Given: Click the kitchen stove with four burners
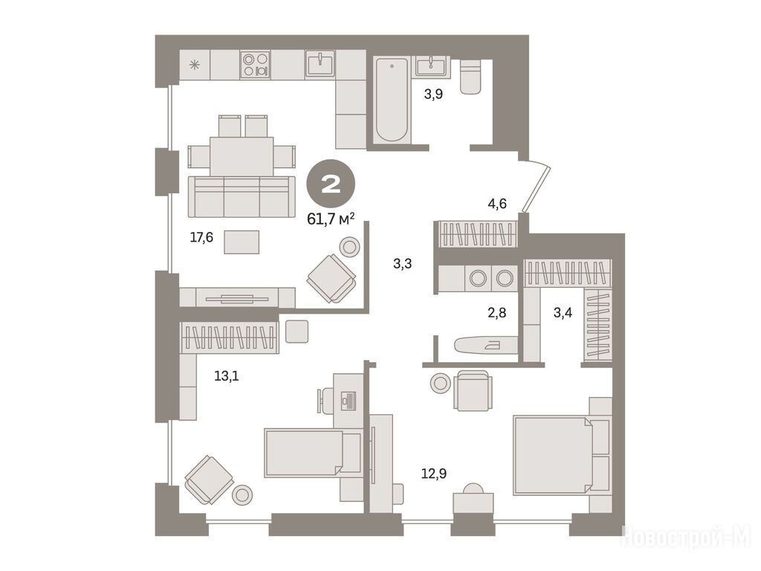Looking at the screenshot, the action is click(x=256, y=65).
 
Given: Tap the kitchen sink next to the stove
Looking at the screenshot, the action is click(x=320, y=64).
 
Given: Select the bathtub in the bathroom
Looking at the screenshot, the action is click(x=392, y=100).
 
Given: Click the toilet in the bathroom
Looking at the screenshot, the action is click(x=470, y=77).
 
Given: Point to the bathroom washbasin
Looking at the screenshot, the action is click(x=431, y=65).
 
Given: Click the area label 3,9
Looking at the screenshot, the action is click(x=433, y=94).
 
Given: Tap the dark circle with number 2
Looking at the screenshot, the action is click(x=331, y=184).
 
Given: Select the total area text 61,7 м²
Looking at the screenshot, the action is click(x=331, y=219).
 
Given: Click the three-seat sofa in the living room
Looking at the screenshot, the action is click(x=242, y=196).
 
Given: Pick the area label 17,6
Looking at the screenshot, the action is click(x=201, y=237).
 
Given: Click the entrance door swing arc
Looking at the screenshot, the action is click(x=536, y=187).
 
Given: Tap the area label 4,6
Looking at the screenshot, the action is click(x=497, y=204).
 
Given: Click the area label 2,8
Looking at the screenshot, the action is click(x=496, y=313).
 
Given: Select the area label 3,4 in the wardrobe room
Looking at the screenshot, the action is click(x=563, y=313).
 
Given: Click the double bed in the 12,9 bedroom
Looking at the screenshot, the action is click(x=562, y=454).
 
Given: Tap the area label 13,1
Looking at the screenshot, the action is click(x=227, y=375).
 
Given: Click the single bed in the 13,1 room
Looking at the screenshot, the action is click(x=313, y=452).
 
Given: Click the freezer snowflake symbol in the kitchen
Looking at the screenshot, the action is click(x=195, y=65).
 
